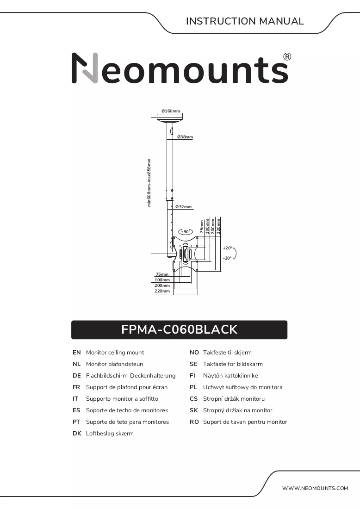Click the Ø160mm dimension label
(x=171, y=111)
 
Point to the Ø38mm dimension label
(x=185, y=137)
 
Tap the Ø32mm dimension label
(x=183, y=207)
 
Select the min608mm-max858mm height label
(x=149, y=183)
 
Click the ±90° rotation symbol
(x=186, y=231)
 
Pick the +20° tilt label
(x=228, y=248)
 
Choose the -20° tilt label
(x=228, y=258)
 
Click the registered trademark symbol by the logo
(x=287, y=57)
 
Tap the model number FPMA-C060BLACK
(x=180, y=329)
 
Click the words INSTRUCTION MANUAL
(x=245, y=21)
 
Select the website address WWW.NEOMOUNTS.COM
(x=315, y=488)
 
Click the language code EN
(x=77, y=353)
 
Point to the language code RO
(x=194, y=422)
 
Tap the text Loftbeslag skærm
(x=110, y=434)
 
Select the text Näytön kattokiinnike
(x=230, y=376)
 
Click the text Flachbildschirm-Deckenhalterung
(x=131, y=376)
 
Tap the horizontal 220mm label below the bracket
(x=162, y=291)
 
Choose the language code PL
(x=193, y=387)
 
